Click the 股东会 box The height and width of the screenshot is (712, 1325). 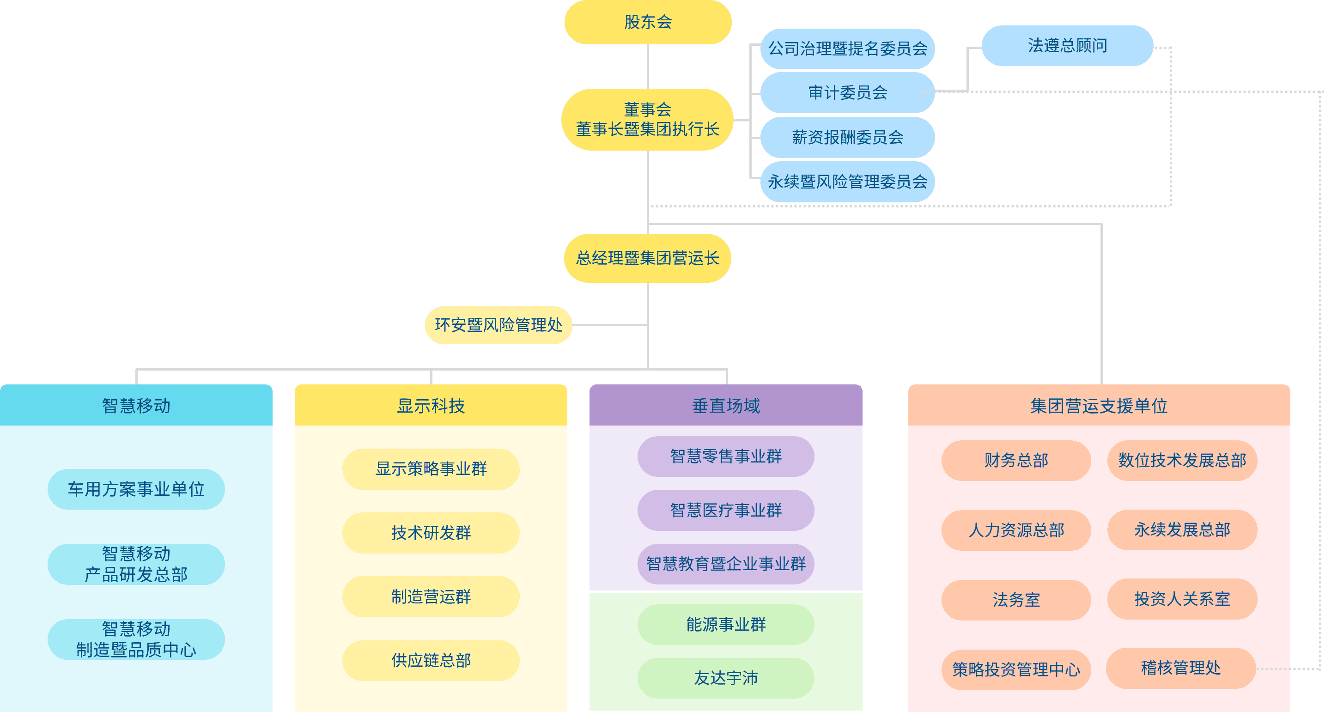(648, 22)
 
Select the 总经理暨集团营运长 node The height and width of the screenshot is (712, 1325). (647, 258)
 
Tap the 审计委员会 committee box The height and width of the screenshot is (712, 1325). (847, 92)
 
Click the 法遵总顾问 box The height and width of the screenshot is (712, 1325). (1067, 46)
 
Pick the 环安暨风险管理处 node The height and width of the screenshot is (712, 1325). (498, 325)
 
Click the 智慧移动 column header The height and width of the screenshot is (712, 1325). (136, 405)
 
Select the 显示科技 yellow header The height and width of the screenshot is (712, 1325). (431, 405)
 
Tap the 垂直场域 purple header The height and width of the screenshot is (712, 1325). (725, 405)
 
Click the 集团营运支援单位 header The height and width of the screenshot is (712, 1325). (1099, 405)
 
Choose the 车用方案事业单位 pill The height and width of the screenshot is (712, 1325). (136, 489)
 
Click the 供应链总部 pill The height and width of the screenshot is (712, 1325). (431, 660)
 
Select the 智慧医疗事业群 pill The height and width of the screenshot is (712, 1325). (725, 510)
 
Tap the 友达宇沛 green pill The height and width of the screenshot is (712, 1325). (725, 677)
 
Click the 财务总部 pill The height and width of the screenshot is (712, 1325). (1016, 460)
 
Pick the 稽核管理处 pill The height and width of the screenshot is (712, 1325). (1180, 668)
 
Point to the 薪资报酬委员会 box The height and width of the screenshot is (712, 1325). (847, 137)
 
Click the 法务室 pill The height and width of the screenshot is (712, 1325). (1016, 599)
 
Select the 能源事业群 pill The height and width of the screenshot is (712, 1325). (725, 624)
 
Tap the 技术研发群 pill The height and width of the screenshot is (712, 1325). (431, 532)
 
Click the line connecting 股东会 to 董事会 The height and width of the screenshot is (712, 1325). (648, 67)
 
